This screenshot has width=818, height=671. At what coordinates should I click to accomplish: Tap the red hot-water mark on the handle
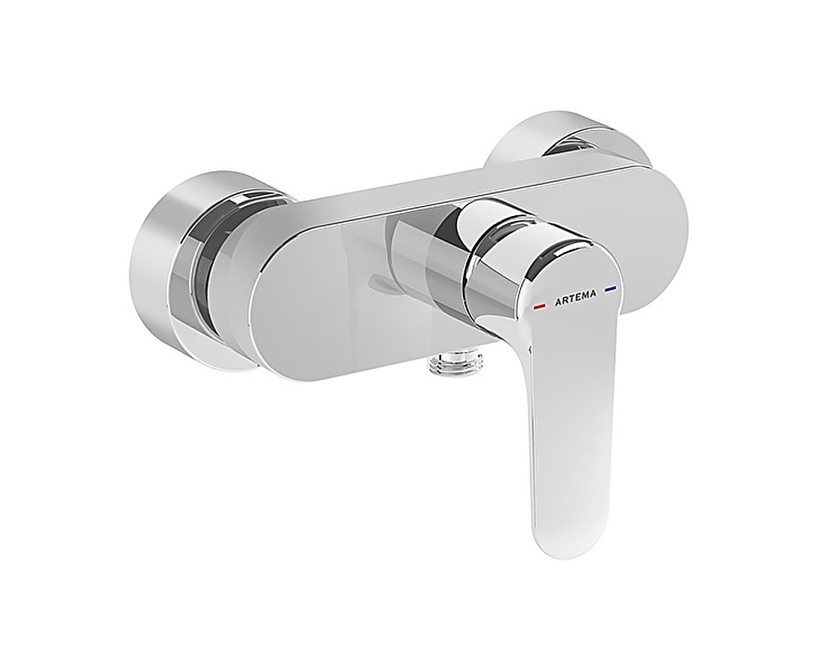pyautogui.click(x=539, y=306)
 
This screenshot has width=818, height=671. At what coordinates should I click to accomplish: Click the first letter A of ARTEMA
pyautogui.click(x=556, y=302)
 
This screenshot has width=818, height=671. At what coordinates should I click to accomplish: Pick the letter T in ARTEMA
pyautogui.click(x=569, y=299)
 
